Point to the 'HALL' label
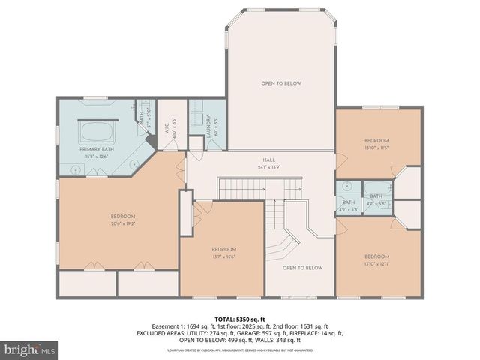(268, 160)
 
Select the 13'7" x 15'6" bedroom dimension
(223, 256)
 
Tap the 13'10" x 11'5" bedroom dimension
(376, 148)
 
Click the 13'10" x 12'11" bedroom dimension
(376, 262)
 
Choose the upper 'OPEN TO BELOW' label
(281, 83)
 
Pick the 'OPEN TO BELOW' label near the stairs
(302, 268)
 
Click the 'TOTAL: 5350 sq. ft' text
(239, 319)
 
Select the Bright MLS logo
(30, 349)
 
